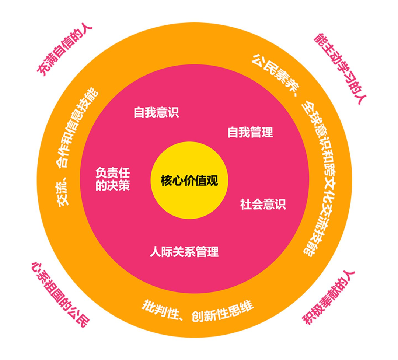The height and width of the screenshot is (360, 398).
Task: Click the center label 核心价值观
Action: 189,181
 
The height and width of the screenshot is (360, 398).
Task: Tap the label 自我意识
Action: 156,112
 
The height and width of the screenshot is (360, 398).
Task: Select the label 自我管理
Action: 250,132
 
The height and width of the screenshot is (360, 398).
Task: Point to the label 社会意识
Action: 263,204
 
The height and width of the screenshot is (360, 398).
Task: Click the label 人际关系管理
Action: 184,252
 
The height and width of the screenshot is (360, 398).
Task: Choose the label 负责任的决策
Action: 113,180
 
